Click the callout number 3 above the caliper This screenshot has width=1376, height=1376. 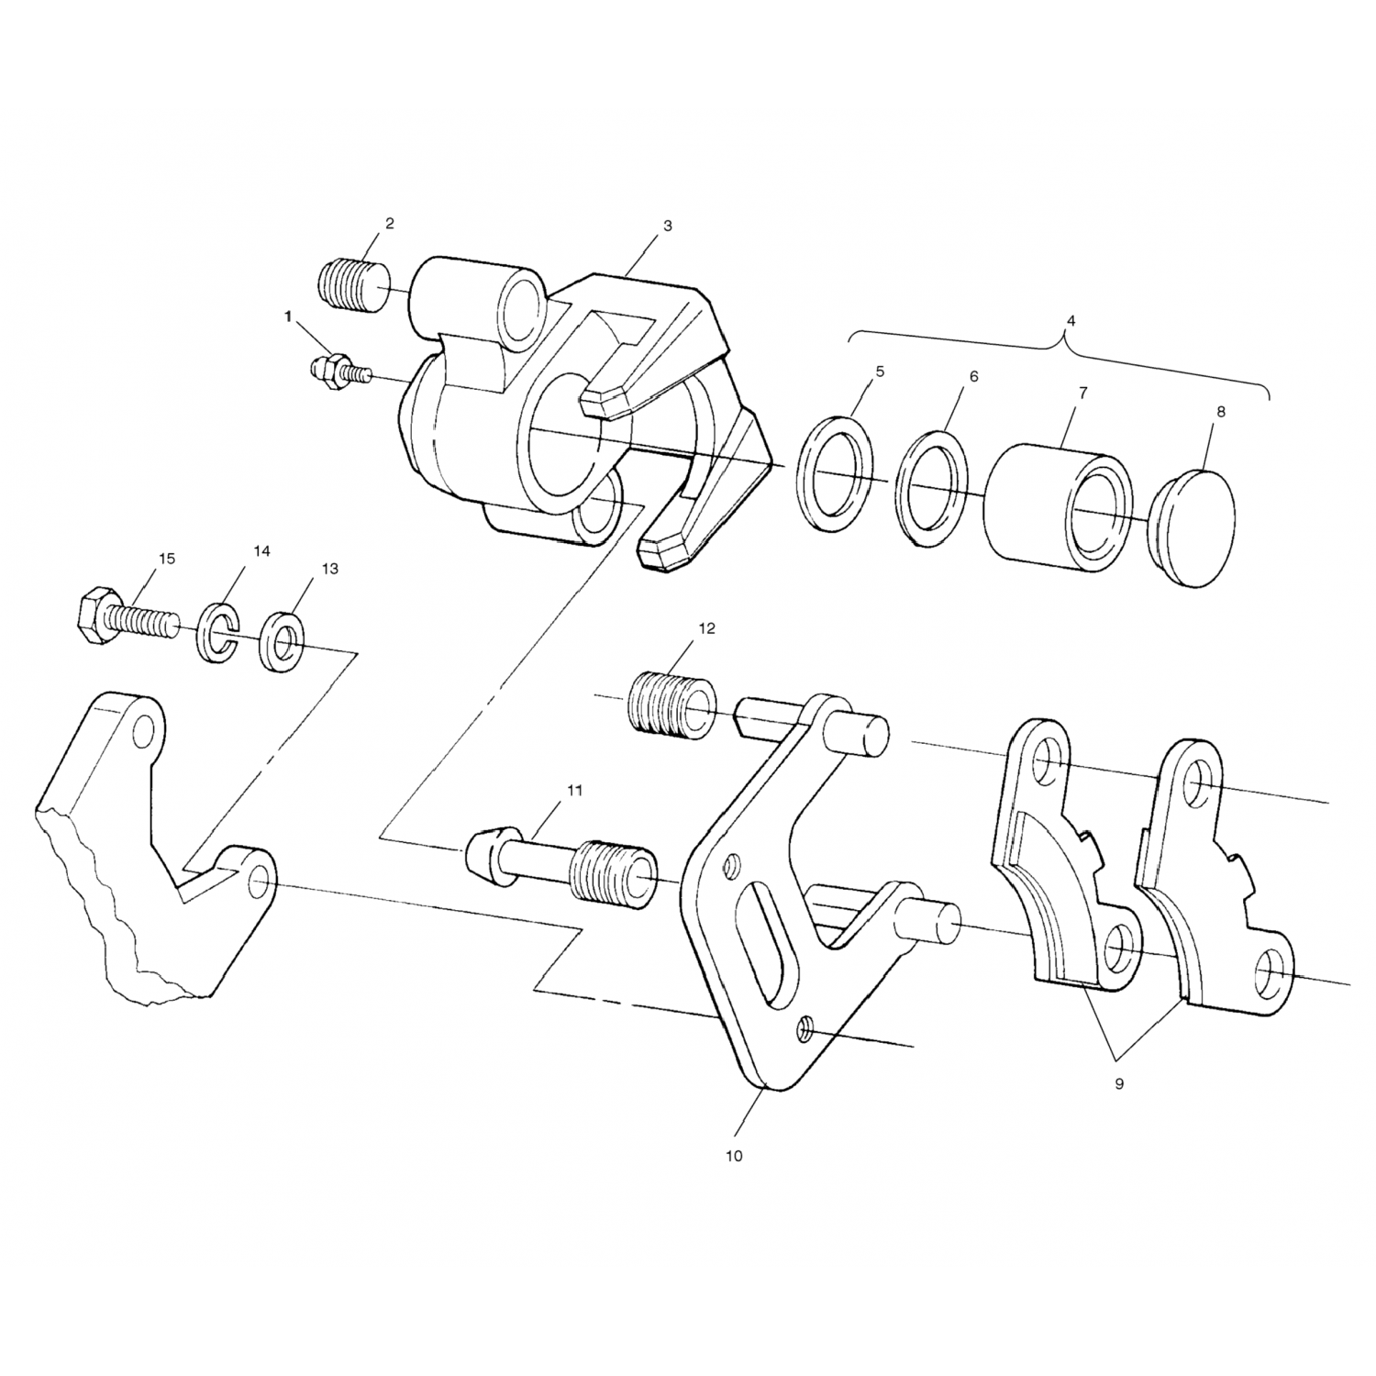[667, 225]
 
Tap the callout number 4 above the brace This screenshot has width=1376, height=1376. [1071, 321]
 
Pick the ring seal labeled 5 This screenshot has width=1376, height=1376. [834, 473]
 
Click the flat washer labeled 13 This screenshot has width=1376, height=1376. [283, 639]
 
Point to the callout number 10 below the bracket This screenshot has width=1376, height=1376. [733, 1156]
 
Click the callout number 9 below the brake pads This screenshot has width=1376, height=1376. [1119, 1083]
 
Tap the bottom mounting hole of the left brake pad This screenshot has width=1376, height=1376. [1120, 950]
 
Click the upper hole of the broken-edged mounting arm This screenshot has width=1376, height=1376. [143, 731]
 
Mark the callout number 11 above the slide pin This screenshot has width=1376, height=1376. [574, 789]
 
